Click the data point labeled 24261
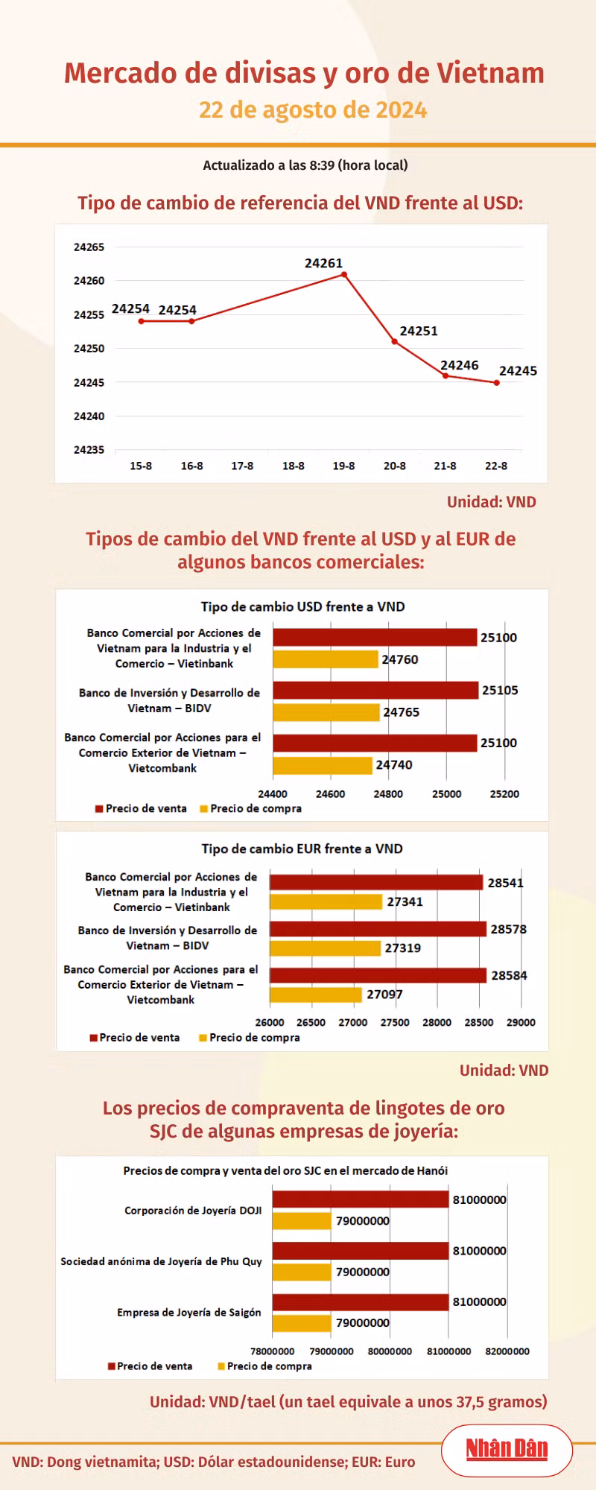click(x=344, y=274)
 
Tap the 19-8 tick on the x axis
click(x=343, y=466)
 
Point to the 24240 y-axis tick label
click(x=89, y=416)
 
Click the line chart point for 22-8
click(x=496, y=382)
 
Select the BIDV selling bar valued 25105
click(x=375, y=690)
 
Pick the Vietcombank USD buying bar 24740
click(x=323, y=765)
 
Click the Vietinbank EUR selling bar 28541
click(x=376, y=882)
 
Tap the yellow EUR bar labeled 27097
click(x=316, y=995)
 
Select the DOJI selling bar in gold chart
click(x=361, y=1199)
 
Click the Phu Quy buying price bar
click(x=302, y=1272)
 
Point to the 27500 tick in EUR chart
click(x=395, y=1022)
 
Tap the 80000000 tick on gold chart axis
click(x=390, y=1351)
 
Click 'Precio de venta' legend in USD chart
click(x=141, y=808)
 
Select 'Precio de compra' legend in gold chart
click(x=264, y=1366)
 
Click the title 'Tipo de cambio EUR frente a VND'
click(x=302, y=849)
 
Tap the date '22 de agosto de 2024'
click(x=313, y=110)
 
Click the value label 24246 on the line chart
click(x=459, y=365)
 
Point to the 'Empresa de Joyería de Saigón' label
click(x=189, y=1312)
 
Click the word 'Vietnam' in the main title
click(x=490, y=73)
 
